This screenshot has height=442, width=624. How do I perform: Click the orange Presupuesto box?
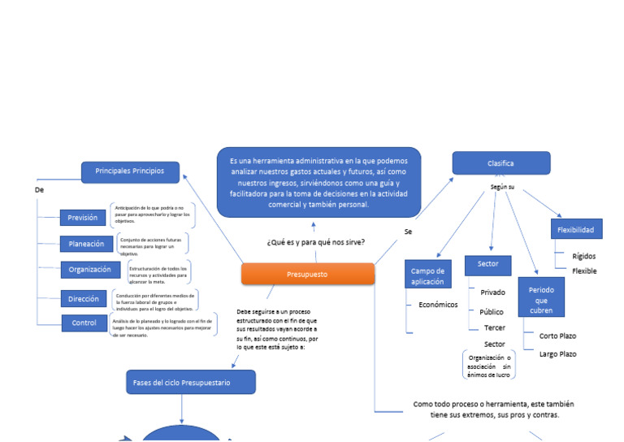(x=308, y=275)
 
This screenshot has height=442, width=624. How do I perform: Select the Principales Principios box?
(x=130, y=171)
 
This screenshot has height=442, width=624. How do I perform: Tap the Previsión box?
(x=83, y=218)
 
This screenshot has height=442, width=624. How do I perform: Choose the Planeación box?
(x=86, y=244)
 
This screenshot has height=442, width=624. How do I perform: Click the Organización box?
(x=89, y=270)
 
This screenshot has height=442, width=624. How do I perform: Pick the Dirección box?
(x=84, y=299)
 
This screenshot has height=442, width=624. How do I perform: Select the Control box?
(x=84, y=323)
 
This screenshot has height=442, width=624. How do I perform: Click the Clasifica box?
(x=500, y=163)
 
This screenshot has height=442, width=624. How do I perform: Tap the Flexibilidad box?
(x=575, y=230)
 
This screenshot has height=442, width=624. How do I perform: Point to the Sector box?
(x=487, y=265)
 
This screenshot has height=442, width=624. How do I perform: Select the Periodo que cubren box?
(x=541, y=297)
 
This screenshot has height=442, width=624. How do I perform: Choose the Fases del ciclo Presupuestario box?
(x=190, y=382)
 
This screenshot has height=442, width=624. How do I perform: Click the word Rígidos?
(x=583, y=256)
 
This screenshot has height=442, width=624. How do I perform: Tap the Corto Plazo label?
(x=557, y=336)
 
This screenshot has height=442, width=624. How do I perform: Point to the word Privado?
(x=492, y=292)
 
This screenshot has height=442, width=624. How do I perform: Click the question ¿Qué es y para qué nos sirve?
(x=315, y=242)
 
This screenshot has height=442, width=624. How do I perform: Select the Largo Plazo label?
(x=557, y=354)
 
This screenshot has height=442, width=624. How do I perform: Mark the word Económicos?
(x=438, y=305)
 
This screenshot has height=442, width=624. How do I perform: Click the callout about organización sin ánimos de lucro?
(x=488, y=366)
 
